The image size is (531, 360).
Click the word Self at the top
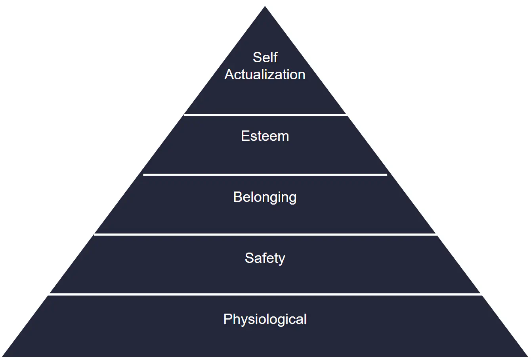[x=265, y=57]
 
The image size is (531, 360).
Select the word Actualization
[x=265, y=75]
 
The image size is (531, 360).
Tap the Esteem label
[x=265, y=136]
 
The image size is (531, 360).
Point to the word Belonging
[x=265, y=197]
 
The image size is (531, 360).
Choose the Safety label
[x=265, y=258]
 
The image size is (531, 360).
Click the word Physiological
[x=265, y=319]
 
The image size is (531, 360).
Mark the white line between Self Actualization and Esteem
[x=265, y=115]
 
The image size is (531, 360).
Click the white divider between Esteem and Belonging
[x=265, y=174]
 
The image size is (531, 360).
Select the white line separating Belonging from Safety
[x=265, y=235]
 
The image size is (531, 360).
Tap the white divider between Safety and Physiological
[x=265, y=295]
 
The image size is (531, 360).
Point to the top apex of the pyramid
[x=265, y=7]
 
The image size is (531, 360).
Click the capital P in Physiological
[x=227, y=319]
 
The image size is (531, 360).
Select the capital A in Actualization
[x=229, y=75]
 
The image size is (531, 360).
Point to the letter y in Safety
[x=281, y=260]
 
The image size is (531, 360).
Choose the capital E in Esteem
[x=245, y=136]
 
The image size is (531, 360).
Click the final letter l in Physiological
[x=305, y=319]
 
